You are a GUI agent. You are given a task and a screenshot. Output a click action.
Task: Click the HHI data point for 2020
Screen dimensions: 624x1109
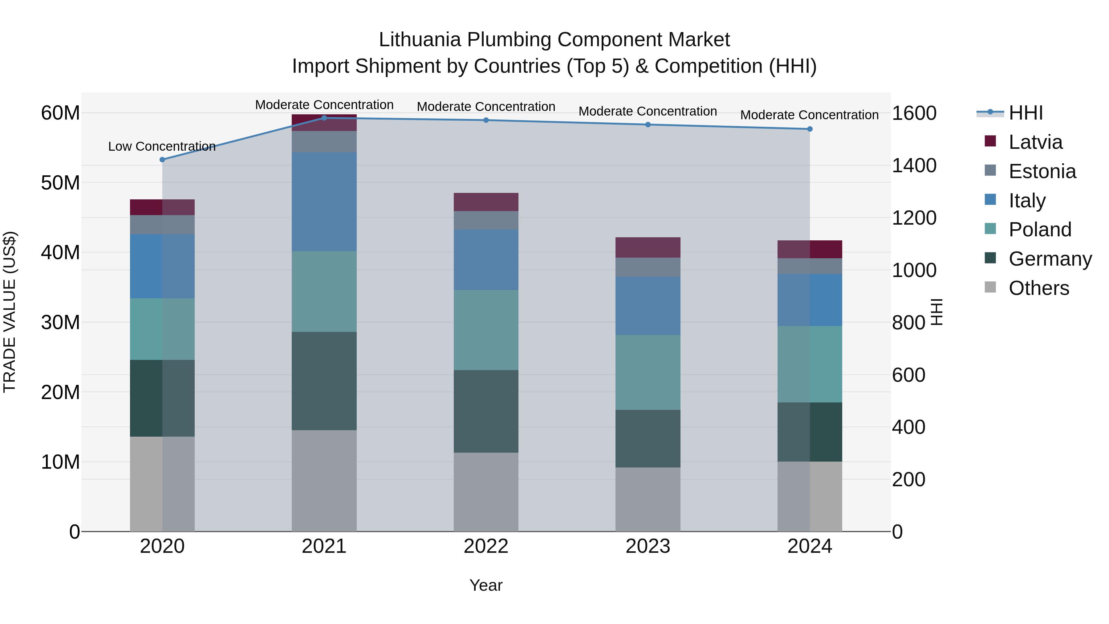pos(162,160)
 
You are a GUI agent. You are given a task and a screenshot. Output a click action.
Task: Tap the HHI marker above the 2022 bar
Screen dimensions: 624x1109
pos(486,120)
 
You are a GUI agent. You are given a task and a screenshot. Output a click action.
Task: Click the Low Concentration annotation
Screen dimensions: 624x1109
pos(162,146)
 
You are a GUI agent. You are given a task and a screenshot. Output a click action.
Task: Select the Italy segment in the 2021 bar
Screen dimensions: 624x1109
pos(324,202)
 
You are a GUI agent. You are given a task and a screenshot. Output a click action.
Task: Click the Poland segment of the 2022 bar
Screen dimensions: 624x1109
pos(486,330)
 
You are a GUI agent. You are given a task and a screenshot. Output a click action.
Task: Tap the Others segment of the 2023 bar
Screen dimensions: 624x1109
pos(648,499)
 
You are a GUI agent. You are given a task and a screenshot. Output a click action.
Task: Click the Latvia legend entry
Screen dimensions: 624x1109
pos(1035,142)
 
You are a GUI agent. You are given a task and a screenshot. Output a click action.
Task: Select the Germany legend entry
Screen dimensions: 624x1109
pos(1050,259)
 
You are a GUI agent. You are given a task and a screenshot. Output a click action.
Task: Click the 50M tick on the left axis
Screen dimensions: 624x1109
pos(60,183)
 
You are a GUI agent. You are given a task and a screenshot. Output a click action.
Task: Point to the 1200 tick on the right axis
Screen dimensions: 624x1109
pos(914,218)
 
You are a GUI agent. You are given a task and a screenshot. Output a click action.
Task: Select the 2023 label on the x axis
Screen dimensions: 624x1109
pos(648,546)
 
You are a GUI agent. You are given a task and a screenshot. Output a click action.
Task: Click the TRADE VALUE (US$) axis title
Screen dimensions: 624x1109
pos(10,312)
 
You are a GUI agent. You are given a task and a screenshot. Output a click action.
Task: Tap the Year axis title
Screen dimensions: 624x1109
pos(486,585)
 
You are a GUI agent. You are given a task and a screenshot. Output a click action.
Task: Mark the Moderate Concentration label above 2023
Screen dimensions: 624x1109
pos(648,111)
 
